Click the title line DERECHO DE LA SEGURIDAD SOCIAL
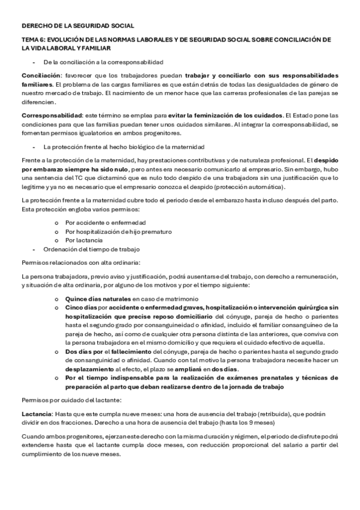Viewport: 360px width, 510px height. [78, 26]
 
